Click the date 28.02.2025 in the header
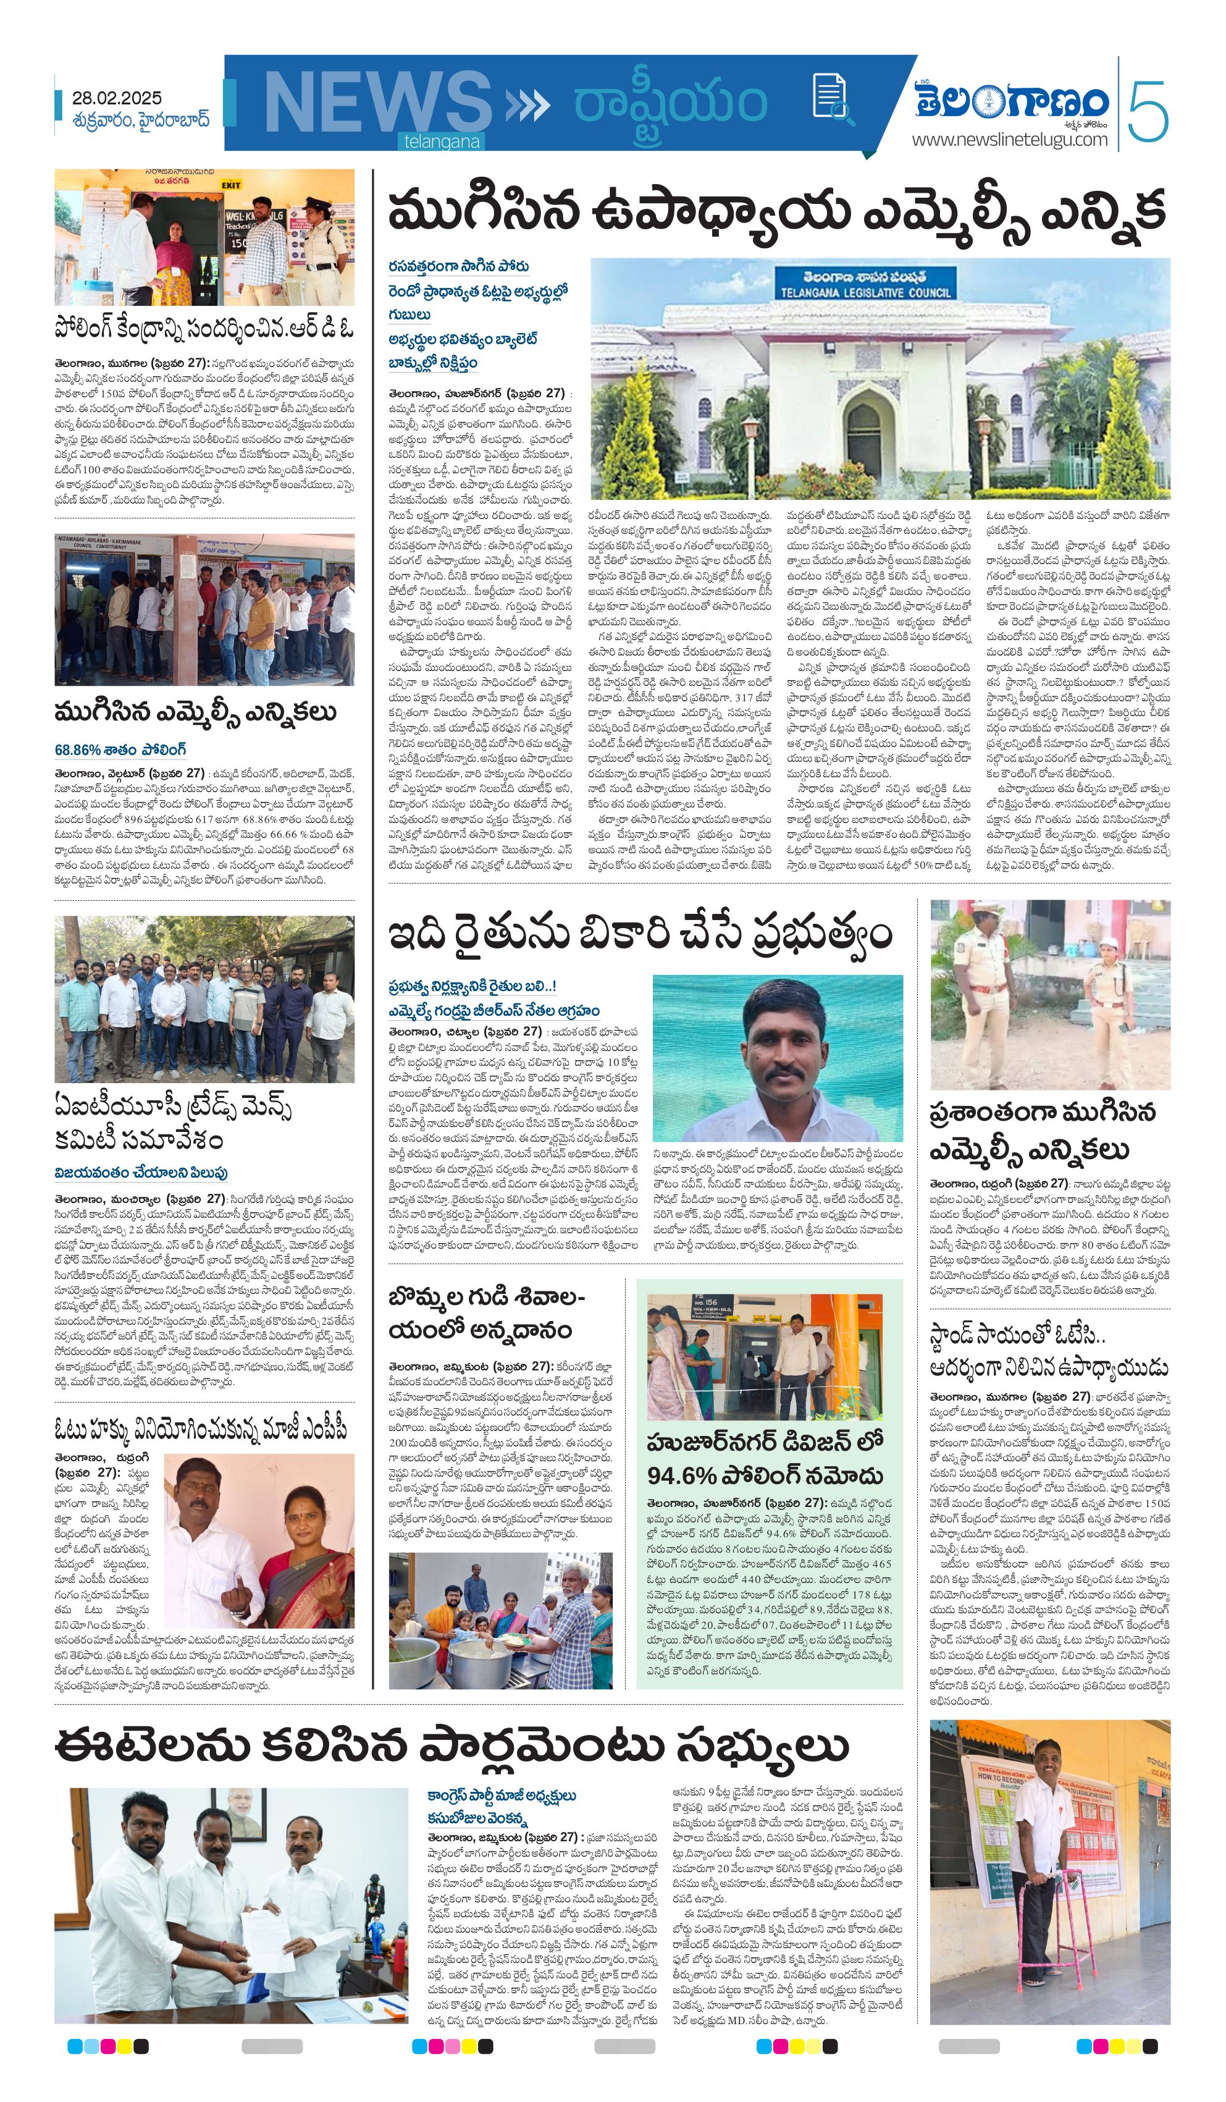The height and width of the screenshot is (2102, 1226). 117,98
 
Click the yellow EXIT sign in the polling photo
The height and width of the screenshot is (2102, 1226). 231,185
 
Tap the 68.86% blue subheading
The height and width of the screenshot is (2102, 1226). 120,750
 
